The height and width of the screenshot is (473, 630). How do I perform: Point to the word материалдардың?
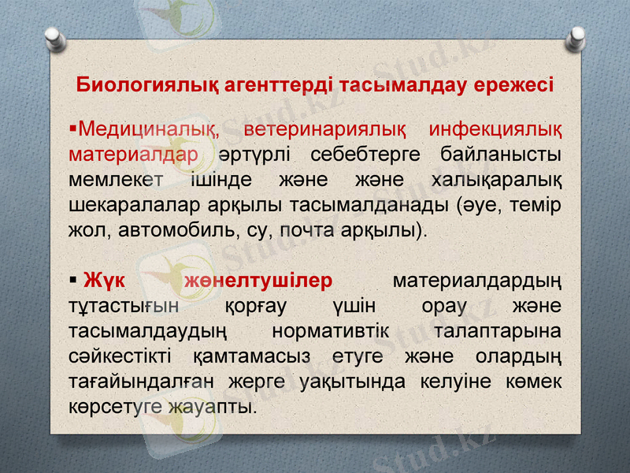476,281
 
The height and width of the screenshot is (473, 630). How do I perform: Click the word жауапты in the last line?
213,408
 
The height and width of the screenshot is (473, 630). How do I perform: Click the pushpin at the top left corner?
54,35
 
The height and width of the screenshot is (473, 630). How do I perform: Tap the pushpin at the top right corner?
577,35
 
